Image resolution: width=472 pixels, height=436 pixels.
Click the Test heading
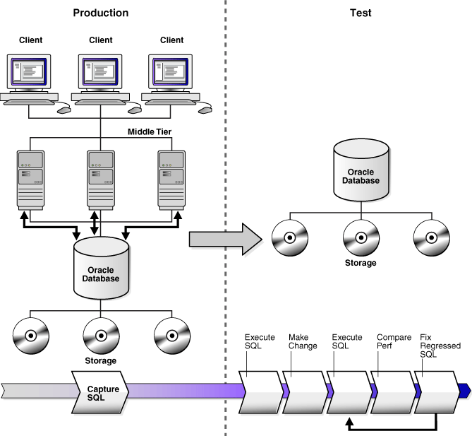361,13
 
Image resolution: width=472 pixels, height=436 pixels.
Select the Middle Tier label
150,131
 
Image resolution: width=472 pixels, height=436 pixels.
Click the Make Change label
303,341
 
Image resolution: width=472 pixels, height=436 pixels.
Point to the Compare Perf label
394,341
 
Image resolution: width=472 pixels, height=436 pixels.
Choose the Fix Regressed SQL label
440,346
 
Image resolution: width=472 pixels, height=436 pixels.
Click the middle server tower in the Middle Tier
101,177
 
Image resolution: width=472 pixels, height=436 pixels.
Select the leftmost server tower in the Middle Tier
30,177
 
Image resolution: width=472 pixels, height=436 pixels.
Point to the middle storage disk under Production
101,332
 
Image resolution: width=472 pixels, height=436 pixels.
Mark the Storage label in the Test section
361,263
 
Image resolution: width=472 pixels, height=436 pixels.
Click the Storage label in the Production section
101,360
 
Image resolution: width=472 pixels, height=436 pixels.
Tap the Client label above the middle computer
101,40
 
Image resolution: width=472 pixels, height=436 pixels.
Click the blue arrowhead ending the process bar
464,389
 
